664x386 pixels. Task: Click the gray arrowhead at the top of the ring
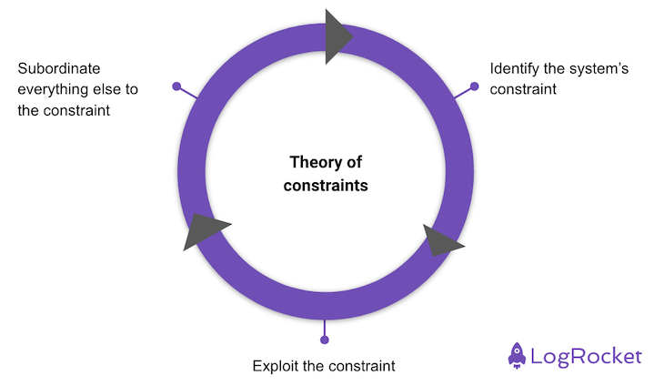337,36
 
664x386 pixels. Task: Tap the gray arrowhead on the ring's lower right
440,241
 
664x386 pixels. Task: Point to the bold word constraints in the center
326,186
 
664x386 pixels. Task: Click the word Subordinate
59,68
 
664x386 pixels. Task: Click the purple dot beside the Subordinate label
176,86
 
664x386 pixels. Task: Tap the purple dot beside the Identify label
474,86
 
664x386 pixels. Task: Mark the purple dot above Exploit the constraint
325,340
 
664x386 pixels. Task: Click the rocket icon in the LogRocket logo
517,355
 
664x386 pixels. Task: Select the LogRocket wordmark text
586,356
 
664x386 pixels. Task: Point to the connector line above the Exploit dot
325,328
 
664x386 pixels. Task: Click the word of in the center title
353,162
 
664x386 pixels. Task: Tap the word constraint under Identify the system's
523,90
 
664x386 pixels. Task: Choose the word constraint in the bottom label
362,366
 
